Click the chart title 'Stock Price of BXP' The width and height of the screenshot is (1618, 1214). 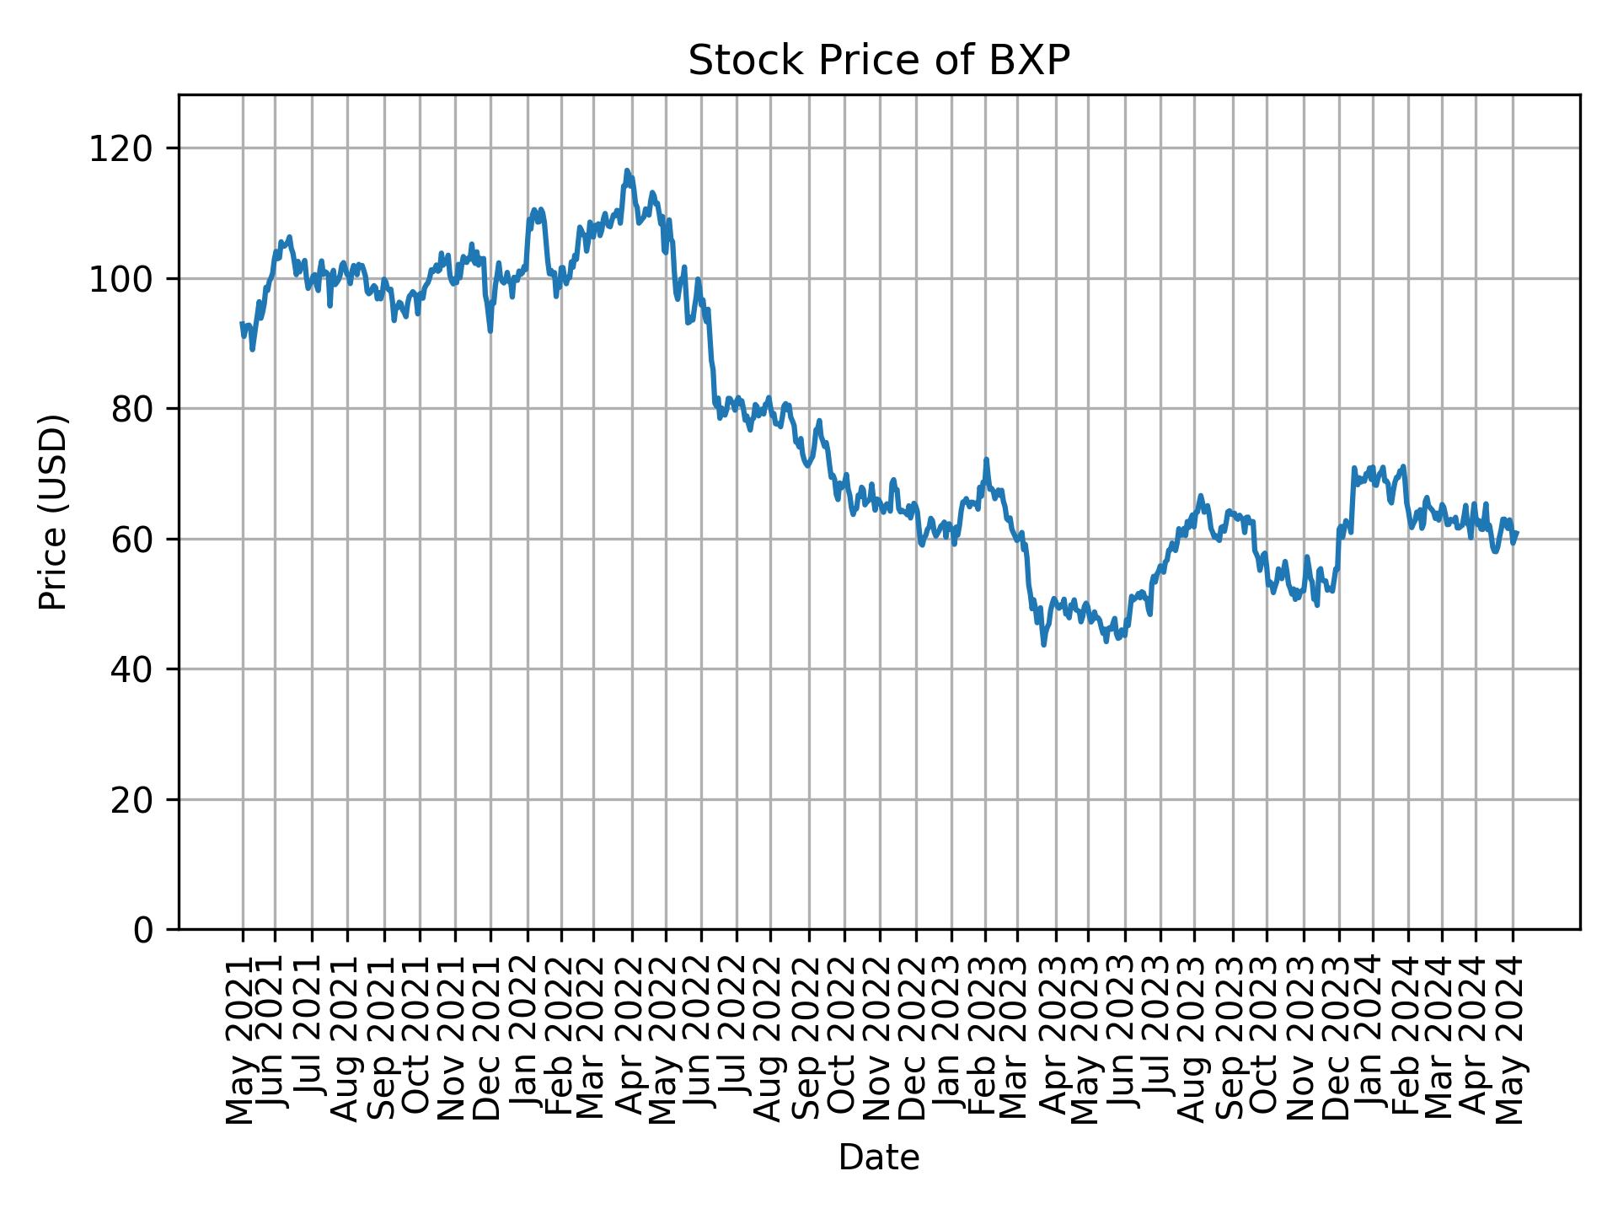coord(878,62)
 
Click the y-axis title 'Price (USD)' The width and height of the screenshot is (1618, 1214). coord(53,512)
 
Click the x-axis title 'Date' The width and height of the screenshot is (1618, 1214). coord(878,1158)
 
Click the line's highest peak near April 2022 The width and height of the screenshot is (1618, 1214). coord(626,170)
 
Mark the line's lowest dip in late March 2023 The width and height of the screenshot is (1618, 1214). coord(1043,645)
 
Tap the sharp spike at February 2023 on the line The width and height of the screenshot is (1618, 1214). coord(986,459)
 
